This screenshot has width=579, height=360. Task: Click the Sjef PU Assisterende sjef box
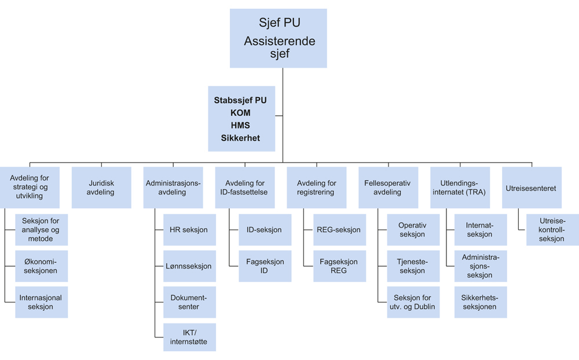point(278,38)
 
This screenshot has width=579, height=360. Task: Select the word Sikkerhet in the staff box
point(240,138)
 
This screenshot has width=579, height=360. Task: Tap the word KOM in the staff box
point(240,113)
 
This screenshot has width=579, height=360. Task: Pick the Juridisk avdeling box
point(101,188)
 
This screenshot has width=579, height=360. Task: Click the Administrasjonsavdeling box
point(173,188)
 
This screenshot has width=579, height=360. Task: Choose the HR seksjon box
point(189,230)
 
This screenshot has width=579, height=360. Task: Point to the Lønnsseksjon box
point(189,266)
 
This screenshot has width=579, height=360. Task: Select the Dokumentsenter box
point(189,302)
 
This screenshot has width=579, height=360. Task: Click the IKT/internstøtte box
point(189,337)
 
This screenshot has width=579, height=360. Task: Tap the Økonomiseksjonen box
point(41,266)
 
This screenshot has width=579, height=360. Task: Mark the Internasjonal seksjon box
point(41,302)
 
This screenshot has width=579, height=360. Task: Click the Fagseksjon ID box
point(265,266)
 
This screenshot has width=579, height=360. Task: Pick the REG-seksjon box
point(339,230)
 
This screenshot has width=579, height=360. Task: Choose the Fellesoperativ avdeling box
point(387,188)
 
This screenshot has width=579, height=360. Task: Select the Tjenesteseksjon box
point(412,266)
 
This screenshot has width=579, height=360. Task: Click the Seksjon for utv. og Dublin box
point(412,302)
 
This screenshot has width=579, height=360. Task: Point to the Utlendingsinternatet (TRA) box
point(459,188)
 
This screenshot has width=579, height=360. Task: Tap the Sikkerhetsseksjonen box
point(480,302)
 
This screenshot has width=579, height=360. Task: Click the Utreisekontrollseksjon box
point(551,230)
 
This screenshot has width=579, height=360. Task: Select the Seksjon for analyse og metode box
point(41,230)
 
